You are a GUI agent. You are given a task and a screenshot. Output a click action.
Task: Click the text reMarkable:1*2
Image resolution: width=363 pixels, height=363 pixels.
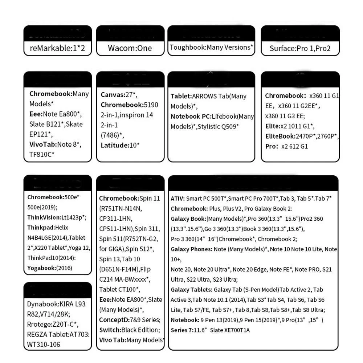57,48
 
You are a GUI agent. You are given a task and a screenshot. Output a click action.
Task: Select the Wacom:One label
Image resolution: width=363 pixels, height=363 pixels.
130,48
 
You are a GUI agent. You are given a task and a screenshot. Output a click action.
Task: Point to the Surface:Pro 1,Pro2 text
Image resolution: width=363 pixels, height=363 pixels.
300,48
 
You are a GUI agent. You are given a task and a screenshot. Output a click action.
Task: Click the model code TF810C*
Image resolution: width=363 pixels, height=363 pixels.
42,155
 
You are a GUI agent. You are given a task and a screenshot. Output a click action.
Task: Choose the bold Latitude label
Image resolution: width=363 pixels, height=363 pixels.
115,145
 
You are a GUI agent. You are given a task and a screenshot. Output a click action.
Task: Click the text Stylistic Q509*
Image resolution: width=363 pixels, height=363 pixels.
218,127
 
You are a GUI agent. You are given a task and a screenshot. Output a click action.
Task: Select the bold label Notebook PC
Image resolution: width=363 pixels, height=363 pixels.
191,117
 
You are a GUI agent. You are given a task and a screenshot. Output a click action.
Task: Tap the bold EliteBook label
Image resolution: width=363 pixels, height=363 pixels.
281,136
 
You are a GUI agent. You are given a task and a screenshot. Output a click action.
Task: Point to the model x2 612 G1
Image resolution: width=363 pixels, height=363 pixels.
294,147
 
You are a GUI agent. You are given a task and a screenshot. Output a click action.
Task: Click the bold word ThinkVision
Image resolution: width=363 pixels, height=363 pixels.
44,217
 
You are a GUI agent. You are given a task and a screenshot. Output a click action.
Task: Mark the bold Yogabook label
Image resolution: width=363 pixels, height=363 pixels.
41,268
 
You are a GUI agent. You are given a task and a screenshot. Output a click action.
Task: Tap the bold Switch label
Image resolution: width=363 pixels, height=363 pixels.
109,330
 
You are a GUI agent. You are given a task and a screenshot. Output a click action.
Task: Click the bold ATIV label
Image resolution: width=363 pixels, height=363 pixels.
178,199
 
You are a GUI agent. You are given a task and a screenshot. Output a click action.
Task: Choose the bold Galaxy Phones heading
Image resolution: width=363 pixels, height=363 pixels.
191,249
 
